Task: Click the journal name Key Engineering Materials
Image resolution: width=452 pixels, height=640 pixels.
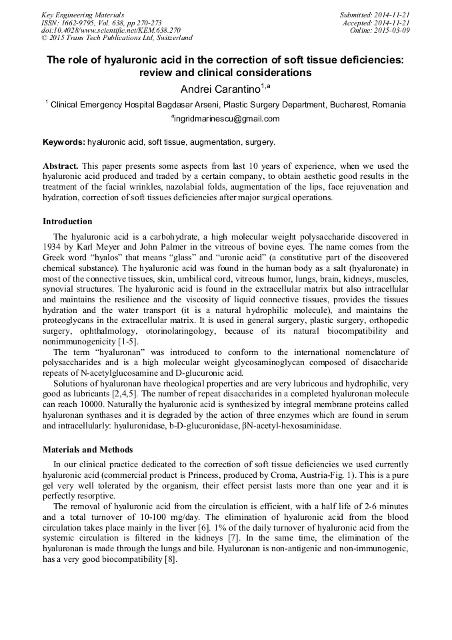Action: click(83, 15)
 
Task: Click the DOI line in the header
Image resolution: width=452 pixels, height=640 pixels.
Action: click(111, 30)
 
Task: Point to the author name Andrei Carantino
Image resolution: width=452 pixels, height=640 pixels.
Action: click(220, 89)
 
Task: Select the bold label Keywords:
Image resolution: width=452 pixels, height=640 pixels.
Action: click(64, 142)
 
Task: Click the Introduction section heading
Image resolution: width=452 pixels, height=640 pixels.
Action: click(67, 222)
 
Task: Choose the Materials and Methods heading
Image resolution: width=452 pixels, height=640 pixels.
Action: click(87, 449)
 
